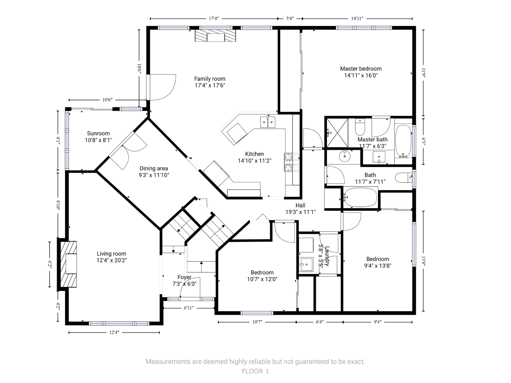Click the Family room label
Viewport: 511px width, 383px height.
pos(210,82)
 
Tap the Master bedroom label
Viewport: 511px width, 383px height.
pos(361,72)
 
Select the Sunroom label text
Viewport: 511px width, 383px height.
pos(98,137)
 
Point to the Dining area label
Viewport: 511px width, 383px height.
pos(154,172)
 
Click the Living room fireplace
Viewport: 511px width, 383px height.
pos(68,264)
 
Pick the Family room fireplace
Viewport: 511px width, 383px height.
pos(215,35)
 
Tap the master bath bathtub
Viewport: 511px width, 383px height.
pos(403,141)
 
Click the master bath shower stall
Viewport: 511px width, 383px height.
pos(337,133)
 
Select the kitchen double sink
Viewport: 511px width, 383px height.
pos(268,122)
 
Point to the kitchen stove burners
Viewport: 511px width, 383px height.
pos(292,162)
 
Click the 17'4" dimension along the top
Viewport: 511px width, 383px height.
pos(214,19)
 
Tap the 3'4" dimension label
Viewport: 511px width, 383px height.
pos(290,19)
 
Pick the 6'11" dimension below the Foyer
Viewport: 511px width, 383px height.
pos(189,308)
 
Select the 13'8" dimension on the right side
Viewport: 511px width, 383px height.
pos(423,261)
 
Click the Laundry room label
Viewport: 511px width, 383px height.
pos(324,256)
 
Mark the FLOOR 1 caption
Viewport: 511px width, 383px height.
pos(256,372)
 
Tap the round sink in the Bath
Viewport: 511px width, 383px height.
pos(345,156)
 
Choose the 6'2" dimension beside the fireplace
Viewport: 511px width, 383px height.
pos(50,264)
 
